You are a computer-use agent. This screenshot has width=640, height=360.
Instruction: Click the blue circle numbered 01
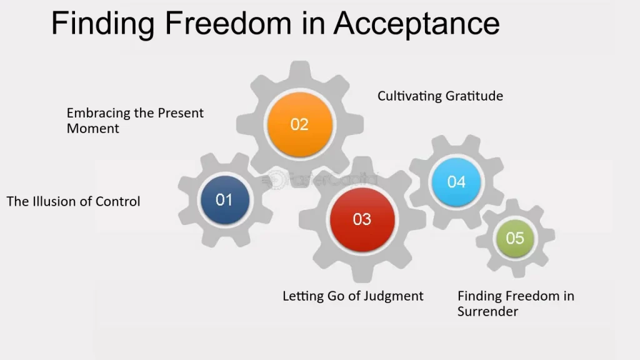(225, 199)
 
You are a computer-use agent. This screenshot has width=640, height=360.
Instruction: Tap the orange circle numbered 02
(299, 124)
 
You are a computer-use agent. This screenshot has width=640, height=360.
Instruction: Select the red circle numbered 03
(362, 219)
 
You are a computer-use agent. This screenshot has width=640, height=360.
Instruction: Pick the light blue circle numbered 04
(456, 182)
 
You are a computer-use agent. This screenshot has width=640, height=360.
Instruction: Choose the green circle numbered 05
(515, 238)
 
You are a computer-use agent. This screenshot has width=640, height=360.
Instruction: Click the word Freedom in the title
(227, 23)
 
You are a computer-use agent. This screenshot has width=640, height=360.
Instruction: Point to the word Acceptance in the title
(417, 24)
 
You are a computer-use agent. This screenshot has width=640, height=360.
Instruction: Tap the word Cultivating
(409, 96)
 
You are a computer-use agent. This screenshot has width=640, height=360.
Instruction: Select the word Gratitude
(474, 96)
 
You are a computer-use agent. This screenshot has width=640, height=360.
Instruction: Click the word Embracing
(99, 113)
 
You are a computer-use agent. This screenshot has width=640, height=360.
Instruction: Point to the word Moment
(93, 129)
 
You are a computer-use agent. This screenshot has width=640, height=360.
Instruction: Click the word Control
(117, 202)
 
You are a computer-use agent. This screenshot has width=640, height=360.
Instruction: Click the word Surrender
(487, 312)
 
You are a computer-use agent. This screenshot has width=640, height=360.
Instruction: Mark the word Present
(181, 113)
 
